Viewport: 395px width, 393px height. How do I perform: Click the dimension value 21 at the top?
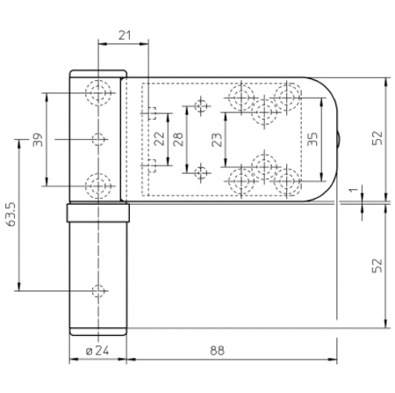pyautogui.click(x=125, y=35)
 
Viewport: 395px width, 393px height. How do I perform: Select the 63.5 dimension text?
pyautogui.click(x=11, y=215)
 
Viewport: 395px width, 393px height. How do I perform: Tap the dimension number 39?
pyautogui.click(x=38, y=140)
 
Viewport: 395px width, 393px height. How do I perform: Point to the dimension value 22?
pyautogui.click(x=159, y=138)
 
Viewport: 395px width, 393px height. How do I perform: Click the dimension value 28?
pyautogui.click(x=178, y=139)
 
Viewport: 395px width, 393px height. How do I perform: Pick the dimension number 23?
pyautogui.click(x=217, y=140)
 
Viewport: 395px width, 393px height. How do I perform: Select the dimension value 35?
pyautogui.click(x=312, y=139)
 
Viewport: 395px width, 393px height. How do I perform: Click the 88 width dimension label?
pyautogui.click(x=217, y=350)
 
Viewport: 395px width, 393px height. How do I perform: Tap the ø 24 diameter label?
pyautogui.click(x=97, y=350)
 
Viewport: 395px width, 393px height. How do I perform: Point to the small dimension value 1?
pyautogui.click(x=354, y=190)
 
